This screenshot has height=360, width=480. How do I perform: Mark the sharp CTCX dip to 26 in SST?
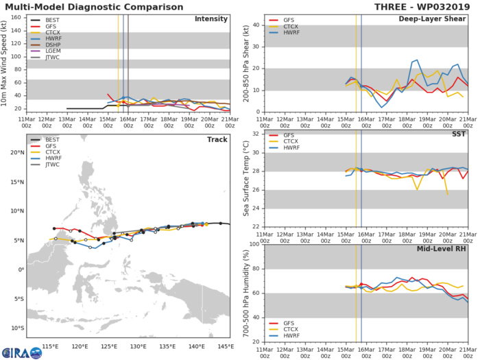point(417,189)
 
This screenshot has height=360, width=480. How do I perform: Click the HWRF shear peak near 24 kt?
point(417,60)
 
